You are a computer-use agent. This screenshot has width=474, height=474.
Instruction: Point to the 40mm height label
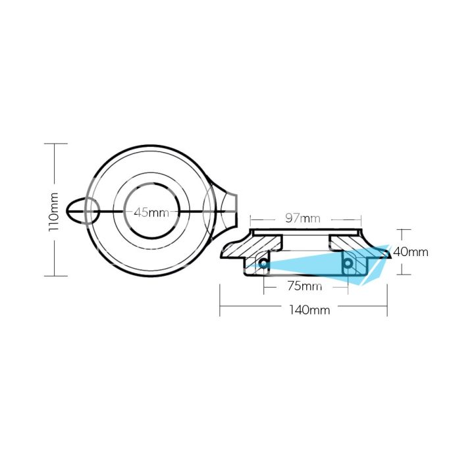coord(410,251)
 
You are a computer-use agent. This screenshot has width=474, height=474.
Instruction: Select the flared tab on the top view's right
coord(226,209)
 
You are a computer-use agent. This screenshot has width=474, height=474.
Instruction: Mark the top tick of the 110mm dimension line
coord(55,144)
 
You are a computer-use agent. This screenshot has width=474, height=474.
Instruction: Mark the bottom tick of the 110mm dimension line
coord(55,276)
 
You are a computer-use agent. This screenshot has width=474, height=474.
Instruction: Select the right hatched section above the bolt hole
coord(349,245)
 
